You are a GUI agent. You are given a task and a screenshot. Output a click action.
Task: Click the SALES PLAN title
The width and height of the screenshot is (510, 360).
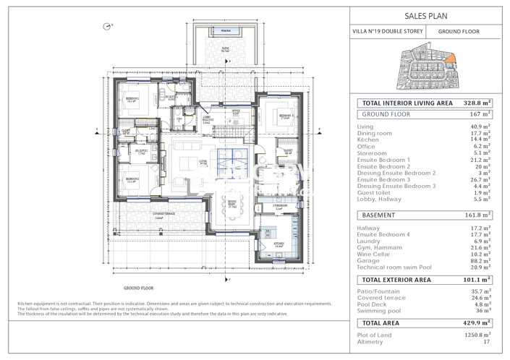[427, 14]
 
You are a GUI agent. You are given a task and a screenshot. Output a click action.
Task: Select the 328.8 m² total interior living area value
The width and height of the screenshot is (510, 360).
[477, 103]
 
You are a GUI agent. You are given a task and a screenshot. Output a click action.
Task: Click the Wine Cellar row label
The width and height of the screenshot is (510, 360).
[375, 254]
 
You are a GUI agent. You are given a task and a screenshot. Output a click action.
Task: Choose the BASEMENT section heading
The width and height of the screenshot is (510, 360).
[378, 215]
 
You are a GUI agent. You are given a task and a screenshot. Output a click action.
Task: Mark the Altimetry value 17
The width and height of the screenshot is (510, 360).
[485, 342]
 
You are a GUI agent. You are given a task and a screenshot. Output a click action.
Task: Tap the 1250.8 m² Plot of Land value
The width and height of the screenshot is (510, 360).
[477, 335]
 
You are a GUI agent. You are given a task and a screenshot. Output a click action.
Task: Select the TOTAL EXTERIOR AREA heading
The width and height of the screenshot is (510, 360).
[396, 279]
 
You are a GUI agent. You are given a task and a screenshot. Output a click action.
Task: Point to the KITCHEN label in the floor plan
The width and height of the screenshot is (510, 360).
[278, 244]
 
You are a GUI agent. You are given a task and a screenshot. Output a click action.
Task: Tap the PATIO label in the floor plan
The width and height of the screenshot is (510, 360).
[226, 51]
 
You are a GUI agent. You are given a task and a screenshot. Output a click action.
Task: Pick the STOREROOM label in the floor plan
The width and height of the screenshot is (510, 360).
[281, 206]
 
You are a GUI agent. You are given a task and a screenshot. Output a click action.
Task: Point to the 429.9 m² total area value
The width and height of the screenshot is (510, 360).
[477, 323]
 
